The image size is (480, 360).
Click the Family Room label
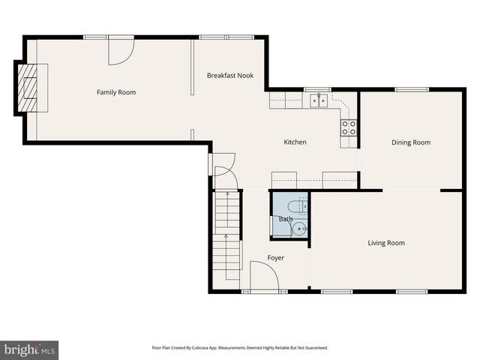click(x=116, y=92)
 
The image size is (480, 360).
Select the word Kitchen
click(x=295, y=142)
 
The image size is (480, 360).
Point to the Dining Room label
click(x=411, y=142)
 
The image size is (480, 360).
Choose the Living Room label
click(x=385, y=242)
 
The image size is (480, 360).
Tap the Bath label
click(x=286, y=219)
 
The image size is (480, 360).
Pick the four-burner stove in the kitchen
click(x=349, y=127)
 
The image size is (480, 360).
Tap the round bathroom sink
click(x=299, y=229)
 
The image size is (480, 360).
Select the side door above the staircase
click(x=224, y=171)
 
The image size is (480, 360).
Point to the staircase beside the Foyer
click(x=228, y=232)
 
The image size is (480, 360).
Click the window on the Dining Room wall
click(x=411, y=90)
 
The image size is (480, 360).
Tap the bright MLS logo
click(x=29, y=349)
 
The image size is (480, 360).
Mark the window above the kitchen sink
click(x=318, y=90)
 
